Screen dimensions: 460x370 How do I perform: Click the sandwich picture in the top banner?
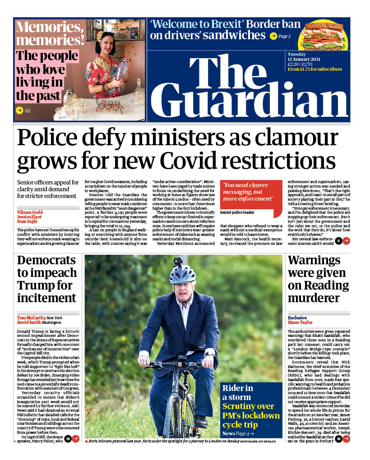[x=323, y=35]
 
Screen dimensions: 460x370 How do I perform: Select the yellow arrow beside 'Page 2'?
[x=273, y=36]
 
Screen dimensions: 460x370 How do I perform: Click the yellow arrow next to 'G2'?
[x=19, y=110]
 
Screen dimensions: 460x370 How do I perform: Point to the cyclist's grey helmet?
[x=182, y=273]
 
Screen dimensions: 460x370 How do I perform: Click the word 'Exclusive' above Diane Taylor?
[x=297, y=317]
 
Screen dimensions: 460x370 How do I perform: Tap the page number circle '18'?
[x=68, y=438]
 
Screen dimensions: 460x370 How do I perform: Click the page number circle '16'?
[x=338, y=438]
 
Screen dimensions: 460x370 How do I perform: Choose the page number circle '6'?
[x=338, y=241]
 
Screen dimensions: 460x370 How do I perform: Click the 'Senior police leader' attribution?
[x=237, y=212]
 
